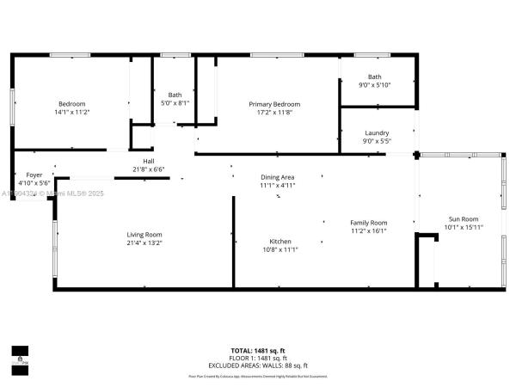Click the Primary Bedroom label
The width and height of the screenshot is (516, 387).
pos(274,104)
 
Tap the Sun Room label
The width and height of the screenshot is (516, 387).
pos(464,219)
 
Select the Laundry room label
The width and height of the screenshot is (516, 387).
pos(377,132)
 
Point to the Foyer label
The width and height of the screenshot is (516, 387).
pos(34,175)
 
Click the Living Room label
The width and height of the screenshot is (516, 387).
pos(144,235)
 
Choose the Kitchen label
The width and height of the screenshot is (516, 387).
pos(280,242)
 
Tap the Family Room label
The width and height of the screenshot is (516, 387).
pos(368,223)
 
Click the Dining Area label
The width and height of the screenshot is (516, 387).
pos(277,177)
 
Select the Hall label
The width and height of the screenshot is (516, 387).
pos(149,162)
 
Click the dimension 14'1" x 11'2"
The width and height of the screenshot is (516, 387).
pos(72,112)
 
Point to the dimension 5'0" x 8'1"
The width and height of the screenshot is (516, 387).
pos(175,103)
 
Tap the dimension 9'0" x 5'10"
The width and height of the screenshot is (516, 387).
pos(374,84)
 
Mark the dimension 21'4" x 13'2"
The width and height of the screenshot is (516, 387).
pos(144,243)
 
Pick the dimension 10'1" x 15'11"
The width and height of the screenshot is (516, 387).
pos(464,227)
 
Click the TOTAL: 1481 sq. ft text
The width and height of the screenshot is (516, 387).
pos(258,351)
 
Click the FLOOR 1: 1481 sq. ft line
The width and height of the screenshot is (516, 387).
pos(258,358)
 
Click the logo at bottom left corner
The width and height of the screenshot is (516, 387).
pos(19,354)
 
